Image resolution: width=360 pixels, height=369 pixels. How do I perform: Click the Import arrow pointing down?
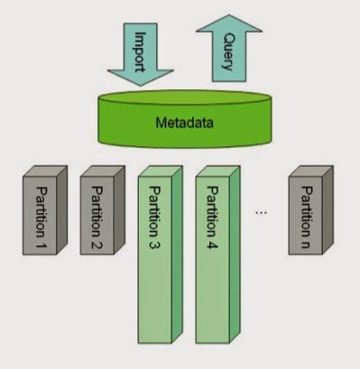(140, 54)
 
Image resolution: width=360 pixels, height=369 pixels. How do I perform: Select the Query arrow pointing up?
(229, 48)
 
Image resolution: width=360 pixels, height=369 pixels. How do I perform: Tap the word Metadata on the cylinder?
(185, 123)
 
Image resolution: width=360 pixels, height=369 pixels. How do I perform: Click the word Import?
(140, 51)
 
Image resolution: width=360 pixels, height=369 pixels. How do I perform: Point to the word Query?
(228, 51)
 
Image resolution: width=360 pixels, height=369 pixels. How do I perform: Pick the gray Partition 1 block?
(45, 210)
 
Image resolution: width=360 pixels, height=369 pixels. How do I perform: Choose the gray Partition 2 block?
(102, 210)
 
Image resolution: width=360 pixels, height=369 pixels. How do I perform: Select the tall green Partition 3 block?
(160, 254)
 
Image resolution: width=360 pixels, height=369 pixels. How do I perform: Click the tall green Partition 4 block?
(217, 254)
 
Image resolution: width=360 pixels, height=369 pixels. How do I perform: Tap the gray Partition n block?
(311, 210)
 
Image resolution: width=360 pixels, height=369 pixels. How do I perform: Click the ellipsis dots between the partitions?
(261, 213)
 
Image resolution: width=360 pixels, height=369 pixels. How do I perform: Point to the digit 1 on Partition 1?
(41, 243)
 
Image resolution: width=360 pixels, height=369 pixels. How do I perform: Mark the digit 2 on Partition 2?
(97, 243)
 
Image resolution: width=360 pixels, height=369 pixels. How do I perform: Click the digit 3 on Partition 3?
(154, 243)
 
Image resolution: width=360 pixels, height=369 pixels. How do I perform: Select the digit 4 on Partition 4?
(212, 243)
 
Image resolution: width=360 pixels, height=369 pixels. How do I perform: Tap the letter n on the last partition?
(306, 243)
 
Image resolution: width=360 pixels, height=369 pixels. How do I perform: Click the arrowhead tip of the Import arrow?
(141, 87)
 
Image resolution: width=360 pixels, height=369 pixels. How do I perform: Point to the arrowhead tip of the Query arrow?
(229, 14)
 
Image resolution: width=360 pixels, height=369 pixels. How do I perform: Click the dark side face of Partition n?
(328, 210)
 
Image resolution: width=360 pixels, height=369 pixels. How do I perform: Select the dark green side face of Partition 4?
(235, 254)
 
